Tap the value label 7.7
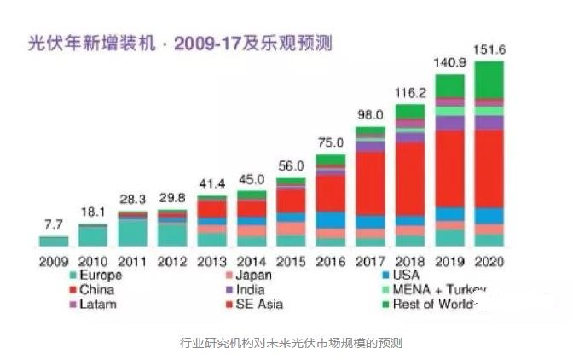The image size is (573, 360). pos(53,225)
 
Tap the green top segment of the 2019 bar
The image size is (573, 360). pos(450,85)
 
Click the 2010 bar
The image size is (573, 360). pos(93,235)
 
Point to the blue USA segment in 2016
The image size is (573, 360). pos(331,220)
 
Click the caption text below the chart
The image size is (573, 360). pos(286,343)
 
